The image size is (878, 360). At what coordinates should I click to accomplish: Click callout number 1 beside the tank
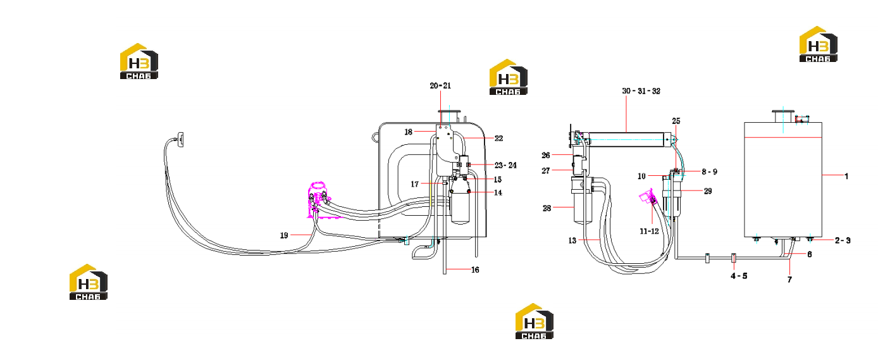pos(846,176)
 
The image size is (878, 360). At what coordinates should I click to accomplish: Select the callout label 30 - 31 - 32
pos(641,91)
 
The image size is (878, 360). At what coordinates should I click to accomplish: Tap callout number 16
pos(475,270)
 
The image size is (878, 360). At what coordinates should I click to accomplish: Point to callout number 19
pos(284,235)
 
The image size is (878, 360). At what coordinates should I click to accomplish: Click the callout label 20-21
pos(440,85)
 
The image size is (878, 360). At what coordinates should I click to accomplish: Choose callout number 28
pos(547,208)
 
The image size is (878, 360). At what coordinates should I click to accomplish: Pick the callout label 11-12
pos(649,232)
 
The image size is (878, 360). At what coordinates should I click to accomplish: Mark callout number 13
pos(572,240)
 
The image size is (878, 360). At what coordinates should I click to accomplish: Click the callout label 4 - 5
pos(739,276)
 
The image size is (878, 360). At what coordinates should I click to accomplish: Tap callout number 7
pos(790,280)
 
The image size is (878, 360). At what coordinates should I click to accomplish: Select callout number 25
pos(676,121)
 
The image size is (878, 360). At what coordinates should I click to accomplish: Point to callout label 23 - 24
pos(505,166)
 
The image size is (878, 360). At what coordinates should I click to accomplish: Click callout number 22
pos(498,139)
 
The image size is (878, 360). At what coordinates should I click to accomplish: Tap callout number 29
pos(708,191)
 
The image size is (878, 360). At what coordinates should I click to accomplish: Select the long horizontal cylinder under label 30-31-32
pos(627,140)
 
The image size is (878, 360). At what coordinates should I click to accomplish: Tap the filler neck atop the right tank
pos(782,116)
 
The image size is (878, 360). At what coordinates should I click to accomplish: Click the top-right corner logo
pos(819,44)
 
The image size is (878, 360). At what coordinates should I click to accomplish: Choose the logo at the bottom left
pos(89,282)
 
